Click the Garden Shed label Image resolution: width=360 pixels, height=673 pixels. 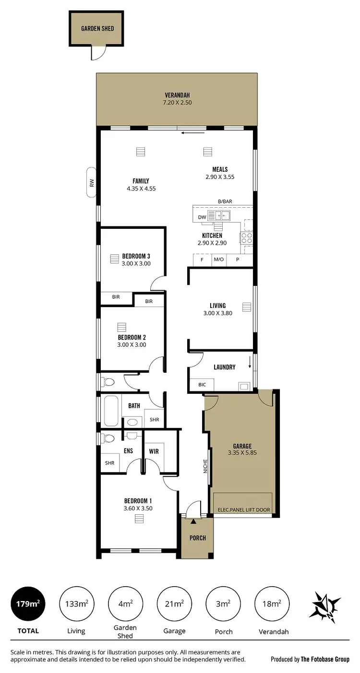coord(97,29)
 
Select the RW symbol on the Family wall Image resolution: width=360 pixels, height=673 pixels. coord(91,182)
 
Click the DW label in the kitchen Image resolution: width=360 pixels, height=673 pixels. coord(202,217)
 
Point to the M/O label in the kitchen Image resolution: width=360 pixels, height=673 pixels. coord(218,260)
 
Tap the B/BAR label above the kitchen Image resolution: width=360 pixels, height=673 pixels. coord(225,202)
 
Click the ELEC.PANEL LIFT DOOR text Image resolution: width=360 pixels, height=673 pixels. coord(242,510)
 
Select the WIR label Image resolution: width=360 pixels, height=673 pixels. coord(154,451)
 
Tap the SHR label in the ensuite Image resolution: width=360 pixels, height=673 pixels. coord(110,463)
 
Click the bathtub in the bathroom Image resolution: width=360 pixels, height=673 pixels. coord(111,411)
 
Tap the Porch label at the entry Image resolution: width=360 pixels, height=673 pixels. coord(197,538)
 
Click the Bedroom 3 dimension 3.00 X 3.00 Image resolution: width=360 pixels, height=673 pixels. coord(136,263)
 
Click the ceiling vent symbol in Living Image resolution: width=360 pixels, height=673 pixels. coord(247,307)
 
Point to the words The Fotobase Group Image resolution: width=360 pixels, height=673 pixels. coord(325,660)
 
